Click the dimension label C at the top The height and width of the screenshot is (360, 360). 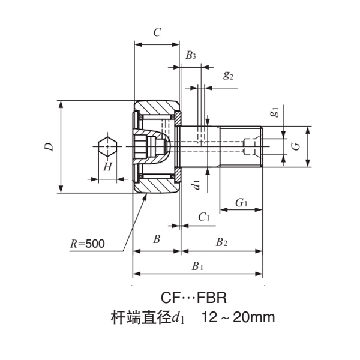(x=157, y=33)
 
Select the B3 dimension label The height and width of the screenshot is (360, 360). (x=190, y=56)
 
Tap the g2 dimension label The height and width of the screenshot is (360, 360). (x=228, y=76)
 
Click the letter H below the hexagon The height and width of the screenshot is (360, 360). (x=107, y=166)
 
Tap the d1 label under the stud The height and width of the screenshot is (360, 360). (x=196, y=185)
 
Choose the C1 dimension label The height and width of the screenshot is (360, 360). (x=203, y=217)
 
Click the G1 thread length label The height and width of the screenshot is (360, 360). (x=242, y=203)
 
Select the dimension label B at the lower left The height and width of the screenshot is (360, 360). (x=156, y=239)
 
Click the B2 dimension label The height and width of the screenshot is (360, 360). (x=221, y=242)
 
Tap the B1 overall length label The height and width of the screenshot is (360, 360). (x=197, y=266)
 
